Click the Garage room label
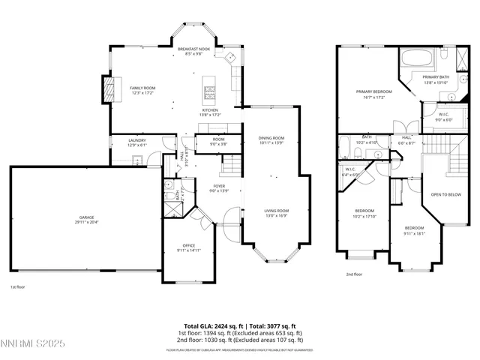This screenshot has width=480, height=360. tap(86, 220)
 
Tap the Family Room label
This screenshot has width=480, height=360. tap(142, 90)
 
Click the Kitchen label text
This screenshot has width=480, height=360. tap(209, 112)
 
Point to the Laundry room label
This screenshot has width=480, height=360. tap(136, 142)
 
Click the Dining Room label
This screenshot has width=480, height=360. tap(271, 140)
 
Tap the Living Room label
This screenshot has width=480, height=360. tap(277, 213)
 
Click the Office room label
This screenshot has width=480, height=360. tap(189, 247)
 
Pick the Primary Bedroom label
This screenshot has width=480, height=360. tap(373, 94)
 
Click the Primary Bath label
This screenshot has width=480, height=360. tap(436, 79)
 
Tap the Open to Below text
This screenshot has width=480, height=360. tap(445, 194)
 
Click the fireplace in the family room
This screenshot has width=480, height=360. tap(109, 90)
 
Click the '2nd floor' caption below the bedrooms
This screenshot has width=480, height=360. tap(354, 274)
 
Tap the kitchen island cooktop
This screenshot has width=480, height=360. tap(209, 92)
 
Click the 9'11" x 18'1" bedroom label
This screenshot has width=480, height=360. tap(415, 230)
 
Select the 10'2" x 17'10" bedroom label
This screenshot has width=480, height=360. tap(364, 213)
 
